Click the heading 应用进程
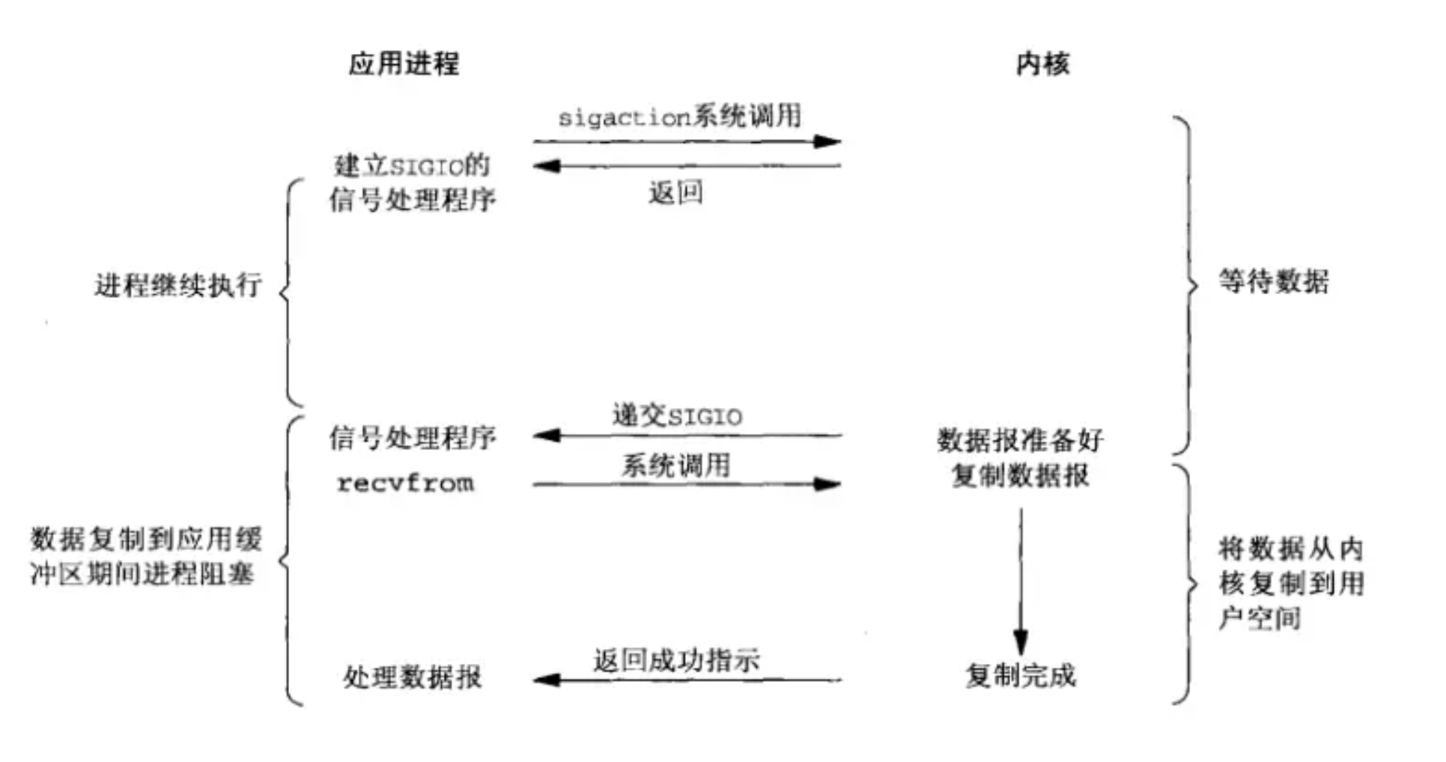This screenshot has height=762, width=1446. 404,64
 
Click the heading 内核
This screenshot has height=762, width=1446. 1042,64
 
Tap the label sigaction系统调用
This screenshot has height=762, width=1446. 679,116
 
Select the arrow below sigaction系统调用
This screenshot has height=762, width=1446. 687,141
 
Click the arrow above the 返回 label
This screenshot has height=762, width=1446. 687,165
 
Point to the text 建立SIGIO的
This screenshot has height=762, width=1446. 411,165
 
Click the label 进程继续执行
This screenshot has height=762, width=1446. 178,285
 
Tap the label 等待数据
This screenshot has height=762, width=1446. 1273,281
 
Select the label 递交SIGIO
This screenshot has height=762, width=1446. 677,415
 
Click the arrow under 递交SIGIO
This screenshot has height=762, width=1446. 687,435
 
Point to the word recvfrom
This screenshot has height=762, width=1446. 405,483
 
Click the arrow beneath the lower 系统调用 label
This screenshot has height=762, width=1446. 687,484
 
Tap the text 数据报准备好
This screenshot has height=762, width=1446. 1020,440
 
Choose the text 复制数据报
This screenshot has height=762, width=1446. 1020,475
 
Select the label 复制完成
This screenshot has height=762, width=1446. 1020,675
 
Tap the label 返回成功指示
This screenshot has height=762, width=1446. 676,660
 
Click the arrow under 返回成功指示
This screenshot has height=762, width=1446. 687,680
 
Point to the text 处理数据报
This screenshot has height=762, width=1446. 412,677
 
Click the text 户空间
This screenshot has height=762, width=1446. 1259,618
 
